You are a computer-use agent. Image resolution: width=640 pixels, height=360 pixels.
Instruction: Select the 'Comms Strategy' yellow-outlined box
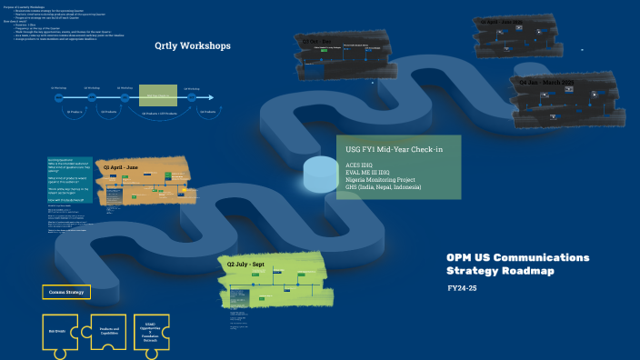pyautogui.click(x=66, y=292)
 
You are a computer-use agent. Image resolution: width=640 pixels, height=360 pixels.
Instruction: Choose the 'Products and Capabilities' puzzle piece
pyautogui.click(x=109, y=331)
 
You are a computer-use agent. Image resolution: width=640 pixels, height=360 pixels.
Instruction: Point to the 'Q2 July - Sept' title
pyautogui.click(x=249, y=264)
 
